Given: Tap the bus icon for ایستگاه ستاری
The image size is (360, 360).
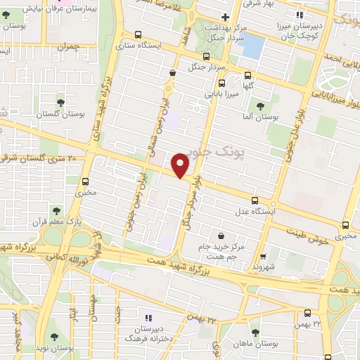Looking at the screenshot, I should [137, 34].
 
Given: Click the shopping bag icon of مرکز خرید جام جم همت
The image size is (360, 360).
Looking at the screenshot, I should [222, 236].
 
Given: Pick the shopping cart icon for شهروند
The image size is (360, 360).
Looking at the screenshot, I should [263, 257].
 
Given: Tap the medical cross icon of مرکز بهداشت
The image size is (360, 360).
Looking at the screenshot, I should [225, 17].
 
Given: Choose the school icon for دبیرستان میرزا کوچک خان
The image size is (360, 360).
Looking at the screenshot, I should [300, 15].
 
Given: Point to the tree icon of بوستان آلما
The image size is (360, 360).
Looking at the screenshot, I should [260, 105].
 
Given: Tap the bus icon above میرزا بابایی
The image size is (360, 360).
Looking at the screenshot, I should [206, 56].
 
